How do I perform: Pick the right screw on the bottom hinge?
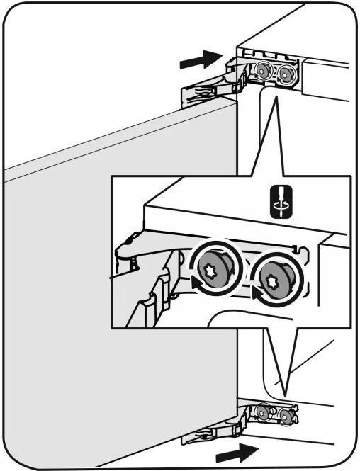click(x=286, y=414)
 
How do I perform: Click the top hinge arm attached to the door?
click(x=206, y=92)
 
